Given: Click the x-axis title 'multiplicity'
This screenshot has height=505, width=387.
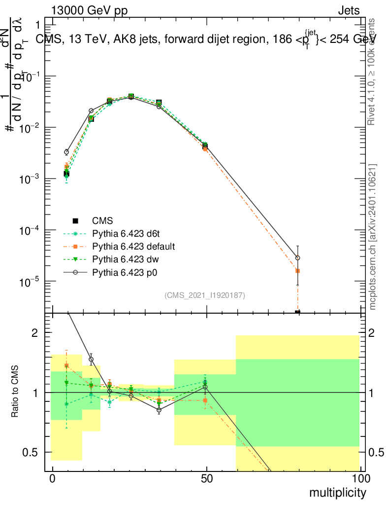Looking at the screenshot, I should tap(337, 493).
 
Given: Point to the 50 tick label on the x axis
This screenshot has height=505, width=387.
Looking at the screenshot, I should tap(207, 479).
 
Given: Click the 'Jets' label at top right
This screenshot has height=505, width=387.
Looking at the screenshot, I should tap(349, 11).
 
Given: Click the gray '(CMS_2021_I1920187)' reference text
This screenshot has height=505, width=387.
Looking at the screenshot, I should tap(205, 295).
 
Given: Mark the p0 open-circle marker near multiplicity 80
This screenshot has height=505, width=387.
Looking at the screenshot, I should tap(297, 258).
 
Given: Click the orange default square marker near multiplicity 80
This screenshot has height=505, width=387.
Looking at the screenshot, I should tap(297, 271).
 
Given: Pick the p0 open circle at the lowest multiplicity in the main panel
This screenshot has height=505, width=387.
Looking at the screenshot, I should tap(66, 152).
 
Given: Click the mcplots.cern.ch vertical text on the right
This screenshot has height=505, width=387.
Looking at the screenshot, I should tap(373, 237).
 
